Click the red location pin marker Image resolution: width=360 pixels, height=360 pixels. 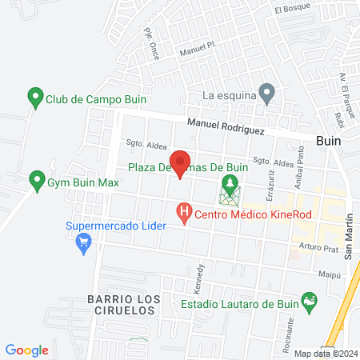(x=180, y=162)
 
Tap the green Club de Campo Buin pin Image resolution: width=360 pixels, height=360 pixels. (x=34, y=99)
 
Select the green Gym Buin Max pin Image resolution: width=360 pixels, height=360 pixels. (x=36, y=182)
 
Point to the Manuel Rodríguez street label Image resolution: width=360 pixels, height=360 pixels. (x=226, y=124)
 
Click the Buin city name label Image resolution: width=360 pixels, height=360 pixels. (x=328, y=139)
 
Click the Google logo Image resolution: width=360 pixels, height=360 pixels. (x=27, y=350)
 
